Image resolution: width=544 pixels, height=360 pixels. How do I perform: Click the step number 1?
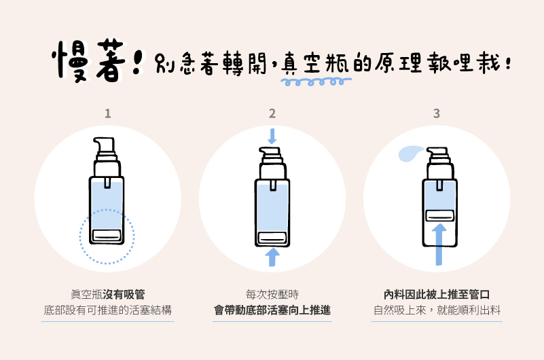coord(108,113)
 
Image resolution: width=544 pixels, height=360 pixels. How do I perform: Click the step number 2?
coord(272,113)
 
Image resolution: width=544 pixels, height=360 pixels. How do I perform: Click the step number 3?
coord(437,113)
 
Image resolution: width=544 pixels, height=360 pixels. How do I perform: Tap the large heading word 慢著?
coord(88,62)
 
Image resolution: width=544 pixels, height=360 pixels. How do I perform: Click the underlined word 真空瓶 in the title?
coord(315,63)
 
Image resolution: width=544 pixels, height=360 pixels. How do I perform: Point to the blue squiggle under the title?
coord(316,82)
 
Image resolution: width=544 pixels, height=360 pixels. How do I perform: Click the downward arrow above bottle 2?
coord(272,136)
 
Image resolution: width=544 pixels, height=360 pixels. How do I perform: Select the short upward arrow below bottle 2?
coord(272,257)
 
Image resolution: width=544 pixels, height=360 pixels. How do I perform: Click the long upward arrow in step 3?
coord(439,245)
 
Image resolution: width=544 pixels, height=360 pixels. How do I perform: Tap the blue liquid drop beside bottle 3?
coord(410,154)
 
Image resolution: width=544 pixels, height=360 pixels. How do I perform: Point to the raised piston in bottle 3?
coord(439,216)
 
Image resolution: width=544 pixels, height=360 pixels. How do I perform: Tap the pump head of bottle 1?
coord(105,145)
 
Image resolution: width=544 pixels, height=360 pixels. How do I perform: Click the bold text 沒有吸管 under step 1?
coord(124,294)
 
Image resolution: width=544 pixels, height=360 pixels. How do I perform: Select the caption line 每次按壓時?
coord(272,294)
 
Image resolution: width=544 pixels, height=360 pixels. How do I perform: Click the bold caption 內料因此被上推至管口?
coord(437,294)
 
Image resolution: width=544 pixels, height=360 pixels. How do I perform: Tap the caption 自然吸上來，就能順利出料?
coord(437,310)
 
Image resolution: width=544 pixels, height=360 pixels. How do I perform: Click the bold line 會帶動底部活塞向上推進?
coord(272,310)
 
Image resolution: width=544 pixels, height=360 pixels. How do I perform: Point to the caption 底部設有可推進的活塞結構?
coord(108,310)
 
